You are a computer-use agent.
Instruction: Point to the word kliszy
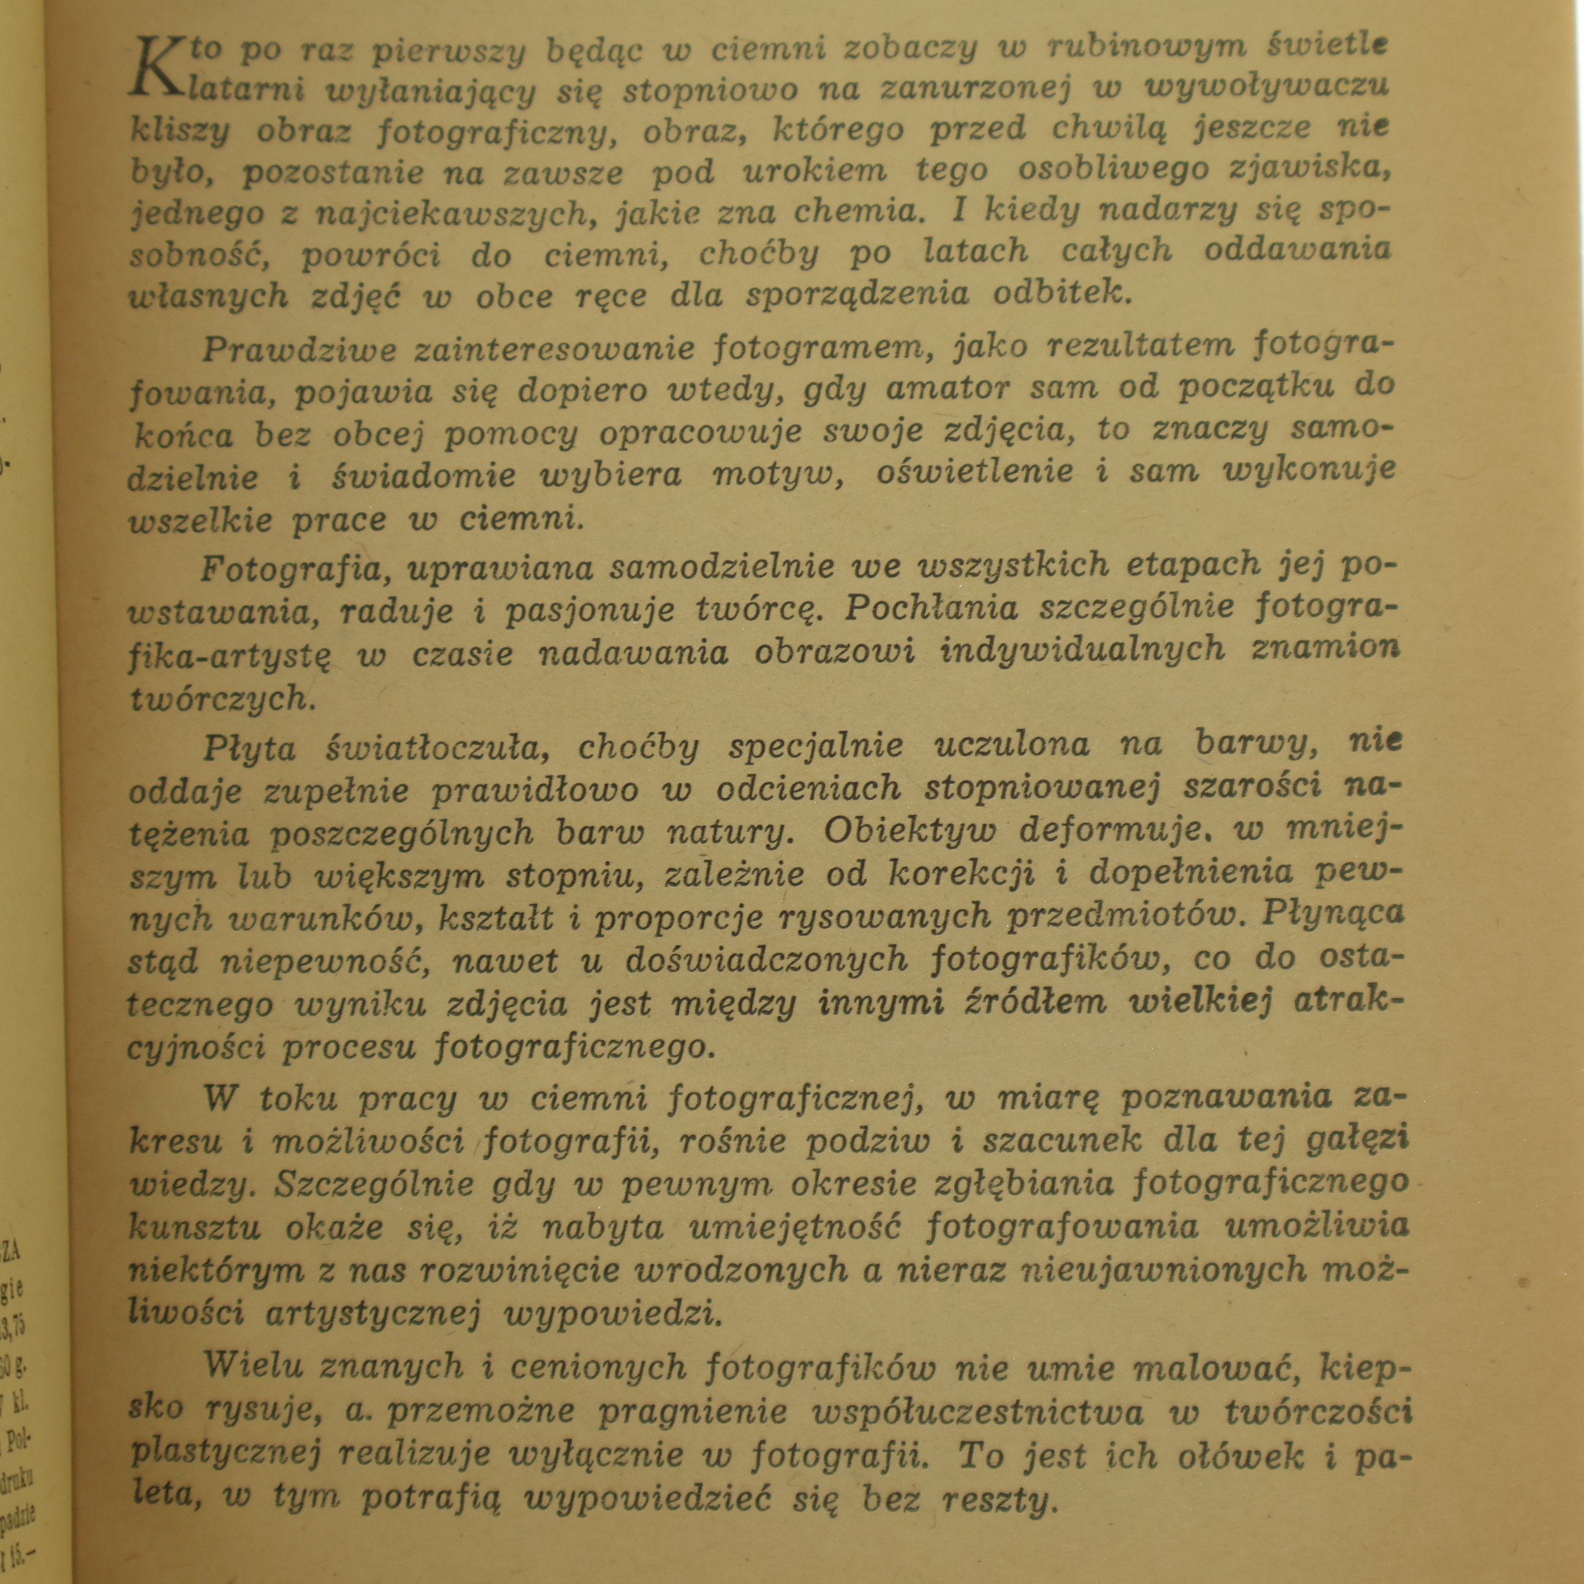pyautogui.click(x=180, y=131)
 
